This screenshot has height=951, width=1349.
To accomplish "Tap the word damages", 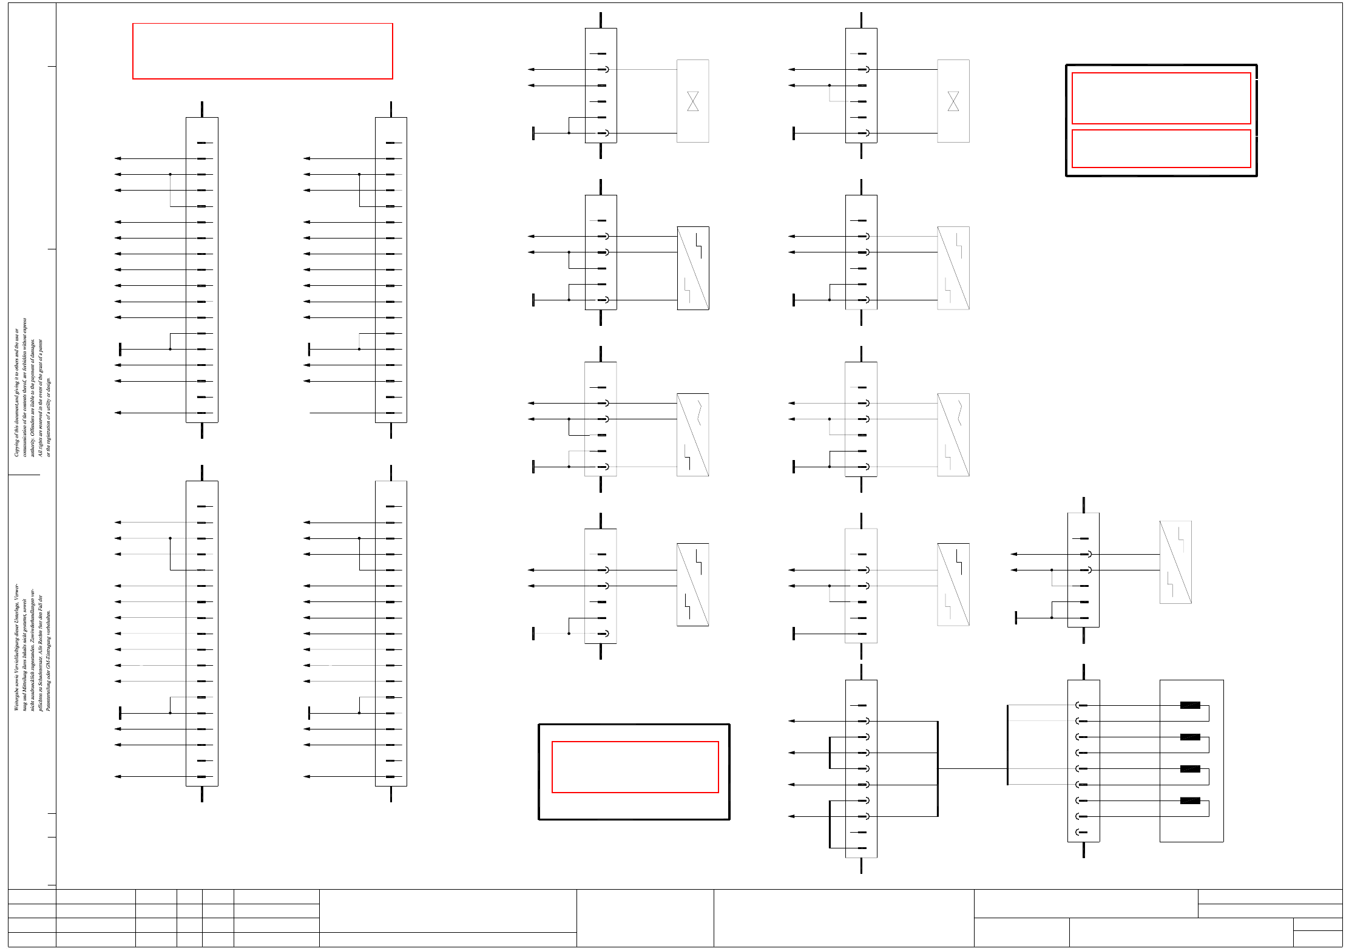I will (x=33, y=347).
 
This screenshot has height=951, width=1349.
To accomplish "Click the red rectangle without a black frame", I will (x=262, y=51).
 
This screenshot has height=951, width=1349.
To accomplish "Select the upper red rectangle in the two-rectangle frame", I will (x=1160, y=98).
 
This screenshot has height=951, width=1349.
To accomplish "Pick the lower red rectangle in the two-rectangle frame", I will (x=1160, y=148).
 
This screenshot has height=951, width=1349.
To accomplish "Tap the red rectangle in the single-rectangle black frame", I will (x=634, y=767).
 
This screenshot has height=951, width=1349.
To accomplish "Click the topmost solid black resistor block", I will (x=1189, y=705).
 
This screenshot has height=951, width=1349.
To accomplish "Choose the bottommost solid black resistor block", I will (x=1189, y=800).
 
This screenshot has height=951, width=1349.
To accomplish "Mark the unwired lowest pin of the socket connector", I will (x=1080, y=832).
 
